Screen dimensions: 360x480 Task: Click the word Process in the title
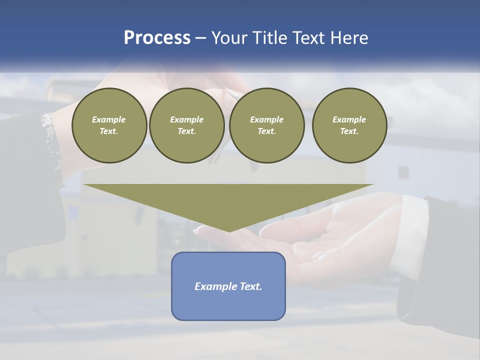pyautogui.click(x=157, y=38)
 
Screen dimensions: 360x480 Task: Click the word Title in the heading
pyautogui.click(x=270, y=38)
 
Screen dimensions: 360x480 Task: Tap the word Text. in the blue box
pyautogui.click(x=251, y=286)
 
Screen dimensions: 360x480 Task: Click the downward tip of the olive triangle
pyautogui.click(x=229, y=230)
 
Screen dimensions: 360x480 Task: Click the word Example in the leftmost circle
pyautogui.click(x=108, y=119)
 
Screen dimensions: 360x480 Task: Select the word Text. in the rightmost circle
pyautogui.click(x=349, y=131)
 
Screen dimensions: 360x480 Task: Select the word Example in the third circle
pyautogui.click(x=266, y=119)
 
